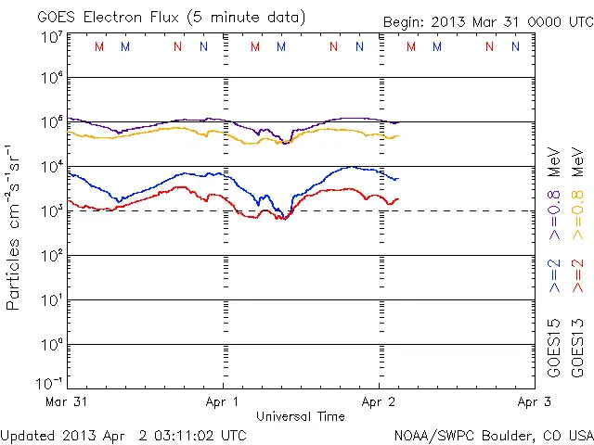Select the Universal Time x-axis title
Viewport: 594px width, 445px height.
(x=301, y=416)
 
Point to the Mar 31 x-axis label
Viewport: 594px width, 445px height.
(x=66, y=402)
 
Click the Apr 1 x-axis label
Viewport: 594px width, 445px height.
(x=223, y=402)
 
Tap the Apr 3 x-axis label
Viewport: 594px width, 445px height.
(x=533, y=402)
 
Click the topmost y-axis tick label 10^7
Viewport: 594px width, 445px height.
(x=52, y=38)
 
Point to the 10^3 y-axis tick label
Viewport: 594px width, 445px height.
(x=52, y=210)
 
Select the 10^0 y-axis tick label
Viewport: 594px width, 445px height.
(x=52, y=343)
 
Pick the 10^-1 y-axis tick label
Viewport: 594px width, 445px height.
(x=50, y=382)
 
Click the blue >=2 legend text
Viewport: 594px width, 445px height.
(x=554, y=276)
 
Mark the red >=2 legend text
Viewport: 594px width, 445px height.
(x=577, y=276)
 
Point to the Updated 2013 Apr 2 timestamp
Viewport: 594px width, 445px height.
(x=123, y=435)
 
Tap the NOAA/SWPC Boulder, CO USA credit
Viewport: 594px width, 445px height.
(x=493, y=435)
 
